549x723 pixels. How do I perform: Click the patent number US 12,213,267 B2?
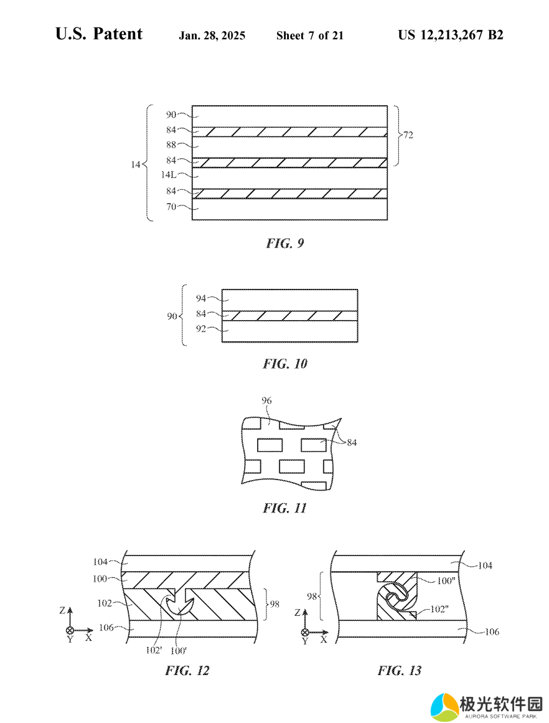[x=451, y=35]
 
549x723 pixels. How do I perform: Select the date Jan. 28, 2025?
[x=212, y=35]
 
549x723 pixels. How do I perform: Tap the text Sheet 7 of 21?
[x=310, y=35]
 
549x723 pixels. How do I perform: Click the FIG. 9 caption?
[x=285, y=243]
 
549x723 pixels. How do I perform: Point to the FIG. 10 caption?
[x=285, y=364]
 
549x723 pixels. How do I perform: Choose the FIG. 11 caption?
[x=285, y=508]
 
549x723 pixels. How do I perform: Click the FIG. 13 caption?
[x=400, y=671]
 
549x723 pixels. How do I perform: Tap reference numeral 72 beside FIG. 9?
[x=408, y=135]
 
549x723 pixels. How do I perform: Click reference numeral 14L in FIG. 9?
[x=169, y=175]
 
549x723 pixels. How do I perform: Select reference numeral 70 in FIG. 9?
[x=171, y=207]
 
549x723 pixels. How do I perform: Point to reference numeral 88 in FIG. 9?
[x=171, y=144]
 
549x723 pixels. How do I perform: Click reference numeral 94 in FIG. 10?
[x=201, y=298]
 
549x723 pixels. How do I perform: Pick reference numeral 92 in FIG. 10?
[x=201, y=329]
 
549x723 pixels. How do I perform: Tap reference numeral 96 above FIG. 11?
[x=267, y=400]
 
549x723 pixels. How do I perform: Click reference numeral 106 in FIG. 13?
[x=492, y=631]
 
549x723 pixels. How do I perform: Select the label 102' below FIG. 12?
[x=154, y=651]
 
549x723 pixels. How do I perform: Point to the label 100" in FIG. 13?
[x=446, y=581]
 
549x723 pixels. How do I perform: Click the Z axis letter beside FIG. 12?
[x=62, y=610]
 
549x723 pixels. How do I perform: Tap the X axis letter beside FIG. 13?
[x=324, y=640]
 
